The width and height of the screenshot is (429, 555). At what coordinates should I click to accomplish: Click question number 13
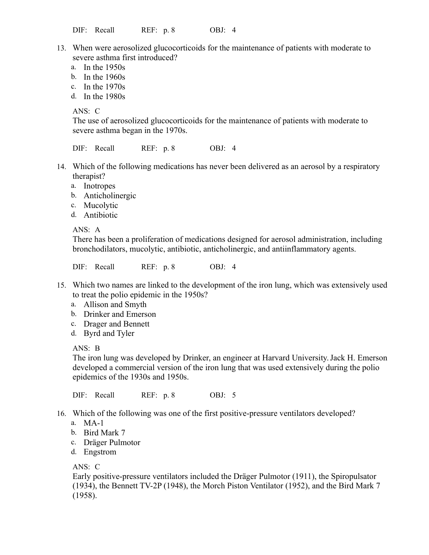pos(61,48)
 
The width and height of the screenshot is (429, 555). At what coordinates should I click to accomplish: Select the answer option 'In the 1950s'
pos(104,67)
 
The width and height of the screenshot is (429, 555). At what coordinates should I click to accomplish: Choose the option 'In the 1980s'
pos(104,97)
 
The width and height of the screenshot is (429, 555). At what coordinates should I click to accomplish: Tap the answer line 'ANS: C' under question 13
pos(86,111)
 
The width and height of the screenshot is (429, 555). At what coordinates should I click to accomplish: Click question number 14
pos(61,167)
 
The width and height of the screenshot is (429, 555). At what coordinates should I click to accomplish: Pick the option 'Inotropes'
pos(99,186)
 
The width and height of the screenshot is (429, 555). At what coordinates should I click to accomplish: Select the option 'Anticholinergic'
pos(110,196)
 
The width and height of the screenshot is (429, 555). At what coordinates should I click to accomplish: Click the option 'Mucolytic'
pos(101,205)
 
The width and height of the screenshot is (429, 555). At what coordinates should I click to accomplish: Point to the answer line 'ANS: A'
pos(86,230)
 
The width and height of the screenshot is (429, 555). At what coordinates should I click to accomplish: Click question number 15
pos(61,285)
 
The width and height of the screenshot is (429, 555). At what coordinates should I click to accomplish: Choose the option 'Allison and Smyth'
pos(115,305)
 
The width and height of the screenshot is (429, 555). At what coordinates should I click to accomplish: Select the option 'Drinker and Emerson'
pos(120,314)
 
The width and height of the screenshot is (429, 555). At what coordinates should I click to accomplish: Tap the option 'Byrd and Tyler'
pos(109,333)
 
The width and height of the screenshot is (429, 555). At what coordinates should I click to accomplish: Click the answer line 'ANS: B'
pos(86,348)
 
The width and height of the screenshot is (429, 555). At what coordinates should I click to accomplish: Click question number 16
pos(61,414)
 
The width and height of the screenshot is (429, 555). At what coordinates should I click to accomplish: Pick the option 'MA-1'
pos(93,423)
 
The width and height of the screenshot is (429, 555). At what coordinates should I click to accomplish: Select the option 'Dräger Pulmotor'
pos(112,443)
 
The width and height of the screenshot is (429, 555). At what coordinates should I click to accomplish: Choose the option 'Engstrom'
pos(100,452)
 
